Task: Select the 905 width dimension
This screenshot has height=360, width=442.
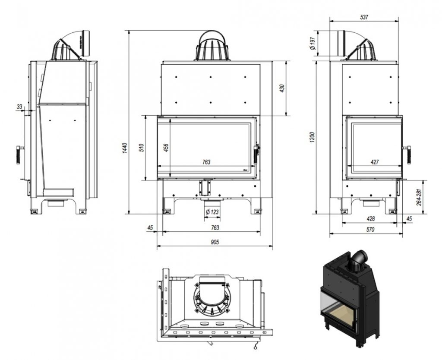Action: point(215,242)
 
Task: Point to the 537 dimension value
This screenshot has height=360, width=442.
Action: point(363,17)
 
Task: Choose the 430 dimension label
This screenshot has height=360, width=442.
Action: point(282,88)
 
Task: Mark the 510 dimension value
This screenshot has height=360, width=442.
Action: point(141,147)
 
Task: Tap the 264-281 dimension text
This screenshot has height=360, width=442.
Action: point(418,197)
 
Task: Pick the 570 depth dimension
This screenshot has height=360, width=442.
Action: point(370,230)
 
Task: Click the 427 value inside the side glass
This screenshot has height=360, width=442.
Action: point(375,162)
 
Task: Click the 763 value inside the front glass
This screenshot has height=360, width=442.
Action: point(206,162)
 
